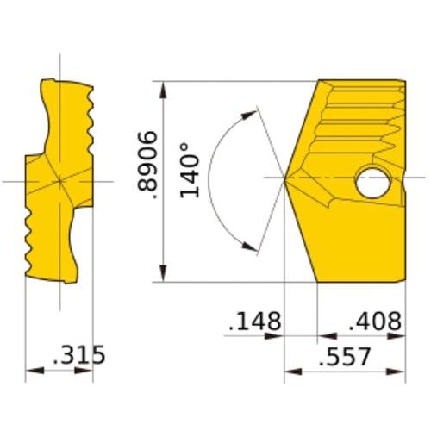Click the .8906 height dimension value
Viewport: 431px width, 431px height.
pos(147,167)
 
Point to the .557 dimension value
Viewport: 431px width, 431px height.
pos(345,356)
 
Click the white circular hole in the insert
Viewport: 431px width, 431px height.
pos(373,183)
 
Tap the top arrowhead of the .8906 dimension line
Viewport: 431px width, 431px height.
pos(163,87)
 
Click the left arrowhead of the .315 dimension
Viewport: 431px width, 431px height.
pos(32,372)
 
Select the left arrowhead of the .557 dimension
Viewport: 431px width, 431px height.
pos(290,372)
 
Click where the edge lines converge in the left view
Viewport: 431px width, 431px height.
pos(59,181)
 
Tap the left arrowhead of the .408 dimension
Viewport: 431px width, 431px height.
pos(324,336)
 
